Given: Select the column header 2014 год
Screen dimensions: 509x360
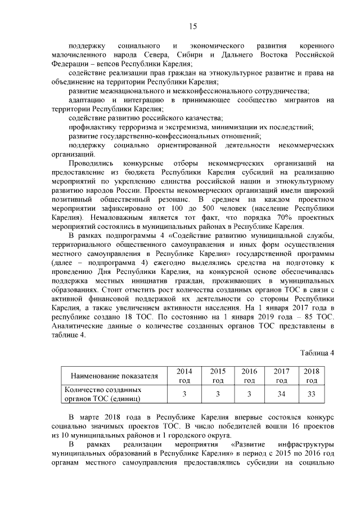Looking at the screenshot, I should (184, 376).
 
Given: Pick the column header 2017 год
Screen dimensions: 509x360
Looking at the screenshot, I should (281, 376).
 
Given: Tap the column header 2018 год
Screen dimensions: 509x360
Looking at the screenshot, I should (311, 376).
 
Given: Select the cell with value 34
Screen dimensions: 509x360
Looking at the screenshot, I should (281, 394).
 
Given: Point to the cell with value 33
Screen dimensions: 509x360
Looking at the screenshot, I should (311, 394).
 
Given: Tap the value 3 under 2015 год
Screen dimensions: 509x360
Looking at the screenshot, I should (217, 394).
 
